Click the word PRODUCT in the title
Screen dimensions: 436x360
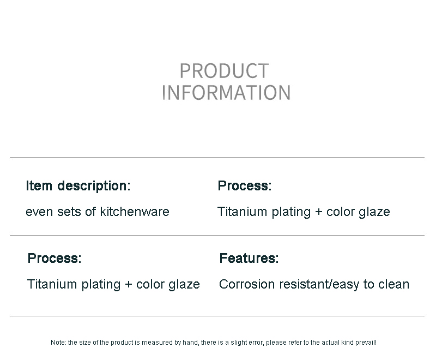224,71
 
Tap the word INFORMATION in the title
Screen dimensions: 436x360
226,93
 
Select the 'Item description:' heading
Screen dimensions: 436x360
78,186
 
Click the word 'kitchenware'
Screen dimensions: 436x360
135,212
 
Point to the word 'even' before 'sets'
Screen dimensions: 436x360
39,212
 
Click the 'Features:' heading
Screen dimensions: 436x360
249,258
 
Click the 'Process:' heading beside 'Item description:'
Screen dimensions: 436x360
245,186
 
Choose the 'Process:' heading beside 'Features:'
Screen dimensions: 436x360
55,258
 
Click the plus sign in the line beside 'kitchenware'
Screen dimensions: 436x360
318,212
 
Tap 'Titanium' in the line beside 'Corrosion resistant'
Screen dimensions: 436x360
52,284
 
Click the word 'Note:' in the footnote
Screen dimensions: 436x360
58,343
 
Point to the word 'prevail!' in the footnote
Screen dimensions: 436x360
366,343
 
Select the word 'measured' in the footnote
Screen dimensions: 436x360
157,343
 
